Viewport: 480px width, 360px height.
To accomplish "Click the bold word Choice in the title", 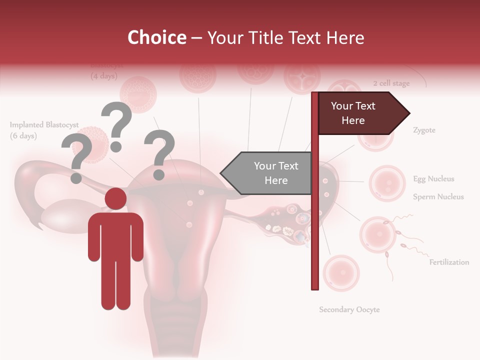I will [x=156, y=37].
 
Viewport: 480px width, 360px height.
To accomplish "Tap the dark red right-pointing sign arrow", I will [x=360, y=113].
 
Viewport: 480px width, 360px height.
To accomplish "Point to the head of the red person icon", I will [x=115, y=199].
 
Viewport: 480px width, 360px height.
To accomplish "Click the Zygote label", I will [x=424, y=130].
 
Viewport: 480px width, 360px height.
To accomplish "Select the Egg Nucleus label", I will [x=433, y=179].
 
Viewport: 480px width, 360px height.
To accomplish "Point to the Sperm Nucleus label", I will [x=438, y=197].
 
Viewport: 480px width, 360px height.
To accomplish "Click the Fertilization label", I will [x=449, y=262].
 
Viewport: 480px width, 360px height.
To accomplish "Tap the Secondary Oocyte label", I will [x=349, y=309].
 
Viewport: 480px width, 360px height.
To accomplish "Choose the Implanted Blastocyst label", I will [x=44, y=125].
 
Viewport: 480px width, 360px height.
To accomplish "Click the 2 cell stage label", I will [x=391, y=83].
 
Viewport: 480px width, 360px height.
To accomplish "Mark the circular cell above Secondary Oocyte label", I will [x=341, y=273].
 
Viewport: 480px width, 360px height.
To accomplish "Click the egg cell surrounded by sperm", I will [x=378, y=235].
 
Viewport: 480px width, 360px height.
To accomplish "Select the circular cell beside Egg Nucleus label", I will [x=386, y=183].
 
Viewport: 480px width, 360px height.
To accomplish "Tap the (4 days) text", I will [x=104, y=76].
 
